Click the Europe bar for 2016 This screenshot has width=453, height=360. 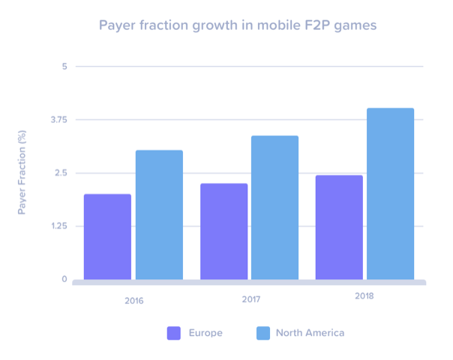(x=107, y=237)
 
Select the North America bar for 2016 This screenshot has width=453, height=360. (x=159, y=215)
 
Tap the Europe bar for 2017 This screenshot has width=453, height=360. (x=223, y=232)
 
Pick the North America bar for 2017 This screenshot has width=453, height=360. (x=274, y=208)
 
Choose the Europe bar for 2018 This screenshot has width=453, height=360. (x=339, y=228)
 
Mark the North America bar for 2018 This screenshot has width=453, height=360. (x=390, y=194)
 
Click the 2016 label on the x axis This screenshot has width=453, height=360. (x=134, y=301)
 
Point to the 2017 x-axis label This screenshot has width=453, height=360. (x=251, y=299)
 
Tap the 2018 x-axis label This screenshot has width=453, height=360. (x=364, y=296)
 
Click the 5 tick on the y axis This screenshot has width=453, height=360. (x=64, y=67)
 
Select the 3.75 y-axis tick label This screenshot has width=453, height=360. (x=58, y=120)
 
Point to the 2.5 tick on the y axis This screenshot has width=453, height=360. (x=60, y=173)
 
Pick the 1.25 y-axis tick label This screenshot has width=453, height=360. (x=58, y=226)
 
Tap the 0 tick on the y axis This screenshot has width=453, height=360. (x=64, y=280)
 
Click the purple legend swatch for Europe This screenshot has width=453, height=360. (x=174, y=333)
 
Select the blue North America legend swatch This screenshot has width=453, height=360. (x=263, y=333)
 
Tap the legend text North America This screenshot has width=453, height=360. (x=310, y=333)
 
